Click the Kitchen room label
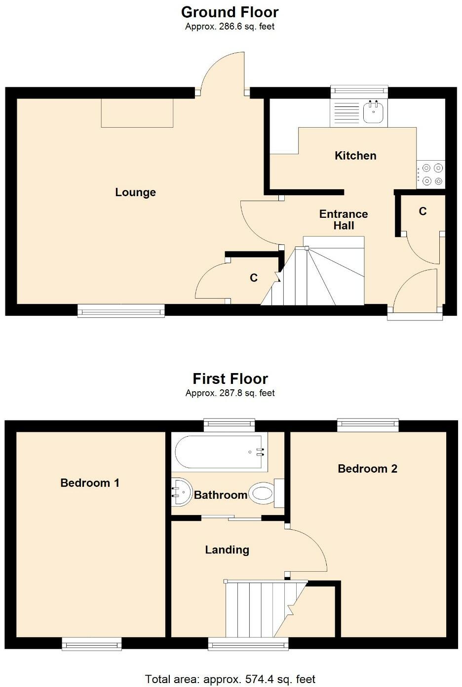click(x=355, y=156)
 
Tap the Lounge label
click(x=135, y=192)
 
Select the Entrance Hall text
click(x=344, y=220)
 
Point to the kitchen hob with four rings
click(x=431, y=175)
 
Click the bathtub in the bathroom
click(x=220, y=451)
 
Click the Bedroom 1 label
click(x=90, y=483)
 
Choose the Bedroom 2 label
click(x=367, y=469)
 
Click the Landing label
click(x=227, y=550)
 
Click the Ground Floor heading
click(x=230, y=12)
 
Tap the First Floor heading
click(x=230, y=378)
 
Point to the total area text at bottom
click(x=230, y=679)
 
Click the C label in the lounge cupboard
click(x=254, y=278)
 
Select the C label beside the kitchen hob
click(x=423, y=211)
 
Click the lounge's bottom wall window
click(x=121, y=310)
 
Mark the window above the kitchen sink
click(x=359, y=90)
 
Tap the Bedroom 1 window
click(x=92, y=644)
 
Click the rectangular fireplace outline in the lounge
click(x=137, y=113)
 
